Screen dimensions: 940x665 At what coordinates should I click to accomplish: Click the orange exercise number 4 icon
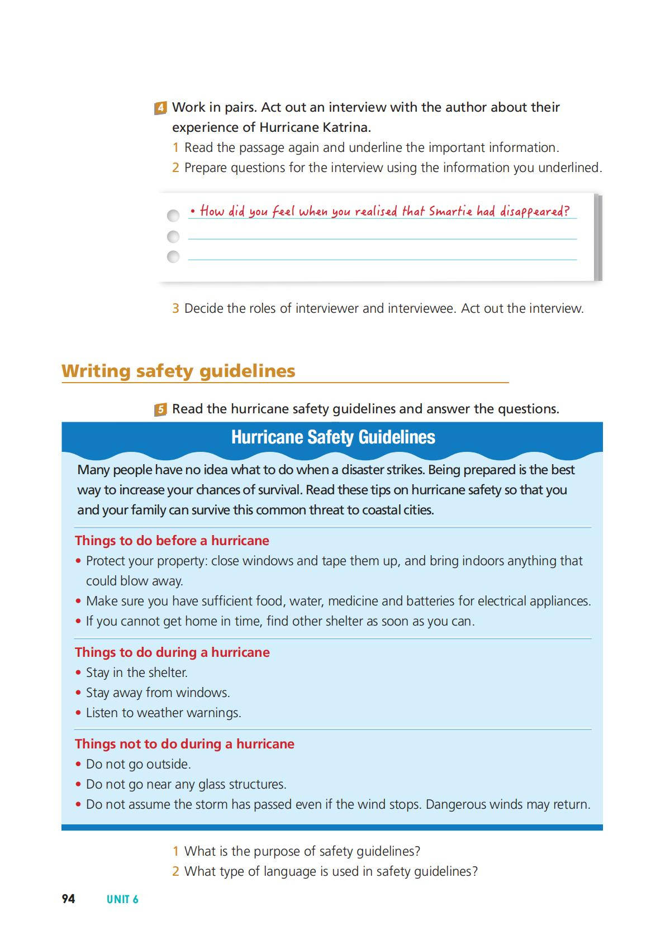pos(160,108)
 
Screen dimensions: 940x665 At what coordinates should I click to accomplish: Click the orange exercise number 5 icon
pos(160,409)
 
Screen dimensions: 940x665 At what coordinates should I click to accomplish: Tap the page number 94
pos(68,899)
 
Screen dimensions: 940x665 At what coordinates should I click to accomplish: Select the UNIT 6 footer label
pos(122,899)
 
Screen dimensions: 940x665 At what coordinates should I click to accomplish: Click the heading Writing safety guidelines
pos(178,371)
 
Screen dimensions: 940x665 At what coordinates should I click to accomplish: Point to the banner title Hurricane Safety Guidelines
pos(333,437)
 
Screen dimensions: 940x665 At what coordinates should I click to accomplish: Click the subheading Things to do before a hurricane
pos(172,541)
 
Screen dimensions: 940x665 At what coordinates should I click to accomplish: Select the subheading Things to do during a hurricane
pos(172,652)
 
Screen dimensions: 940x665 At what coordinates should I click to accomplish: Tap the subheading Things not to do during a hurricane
pos(184,744)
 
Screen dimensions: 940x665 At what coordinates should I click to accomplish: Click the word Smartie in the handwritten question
pos(450,211)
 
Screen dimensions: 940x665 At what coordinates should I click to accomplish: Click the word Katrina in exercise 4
pos(346,127)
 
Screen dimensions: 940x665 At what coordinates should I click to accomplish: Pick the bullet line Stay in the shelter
pos(136,672)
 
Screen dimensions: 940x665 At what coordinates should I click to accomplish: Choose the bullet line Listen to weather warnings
pos(163,713)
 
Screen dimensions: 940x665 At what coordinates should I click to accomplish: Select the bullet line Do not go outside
pos(139,764)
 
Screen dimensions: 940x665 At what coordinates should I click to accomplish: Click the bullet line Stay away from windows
pos(158,693)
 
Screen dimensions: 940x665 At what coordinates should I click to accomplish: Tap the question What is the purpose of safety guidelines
pos(302,851)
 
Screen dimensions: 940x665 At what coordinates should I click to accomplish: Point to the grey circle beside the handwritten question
pos(173,216)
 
